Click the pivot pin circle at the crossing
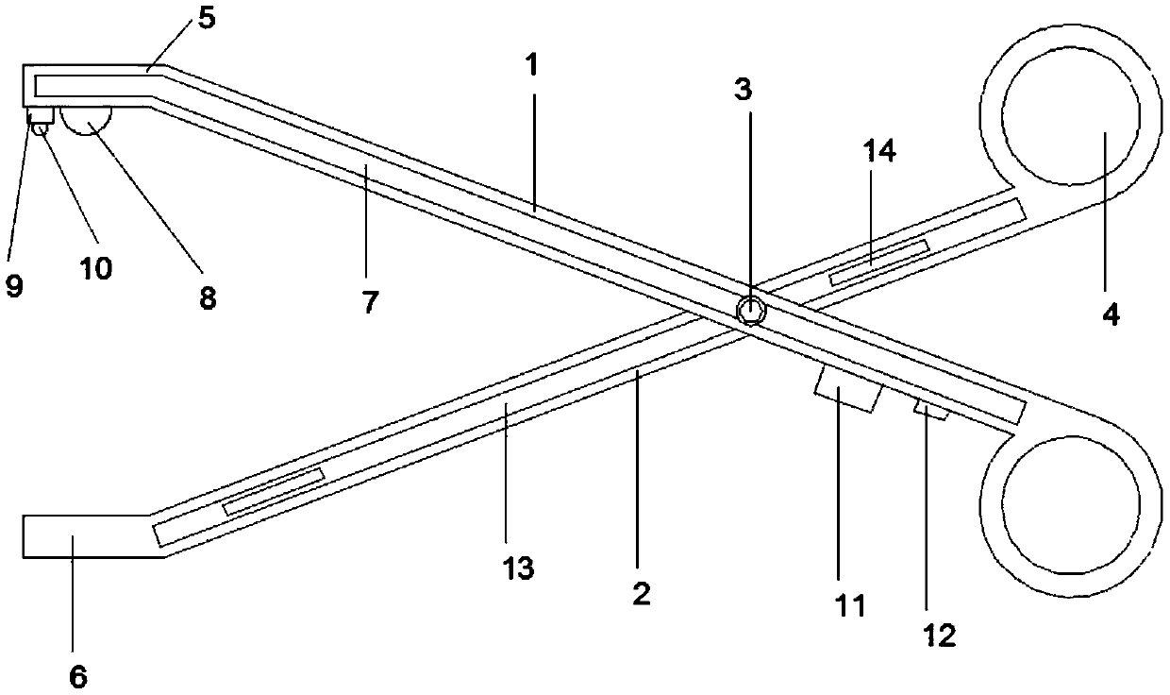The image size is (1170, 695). tap(751, 309)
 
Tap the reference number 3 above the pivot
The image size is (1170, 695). tap(745, 91)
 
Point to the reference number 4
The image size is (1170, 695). tap(1111, 313)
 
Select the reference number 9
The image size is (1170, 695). tap(15, 286)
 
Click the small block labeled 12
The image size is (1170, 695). tap(931, 409)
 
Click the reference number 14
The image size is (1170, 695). tap(879, 152)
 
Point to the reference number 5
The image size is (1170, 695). tap(206, 17)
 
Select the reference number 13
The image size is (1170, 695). tap(519, 568)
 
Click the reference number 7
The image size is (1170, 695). tap(369, 302)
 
